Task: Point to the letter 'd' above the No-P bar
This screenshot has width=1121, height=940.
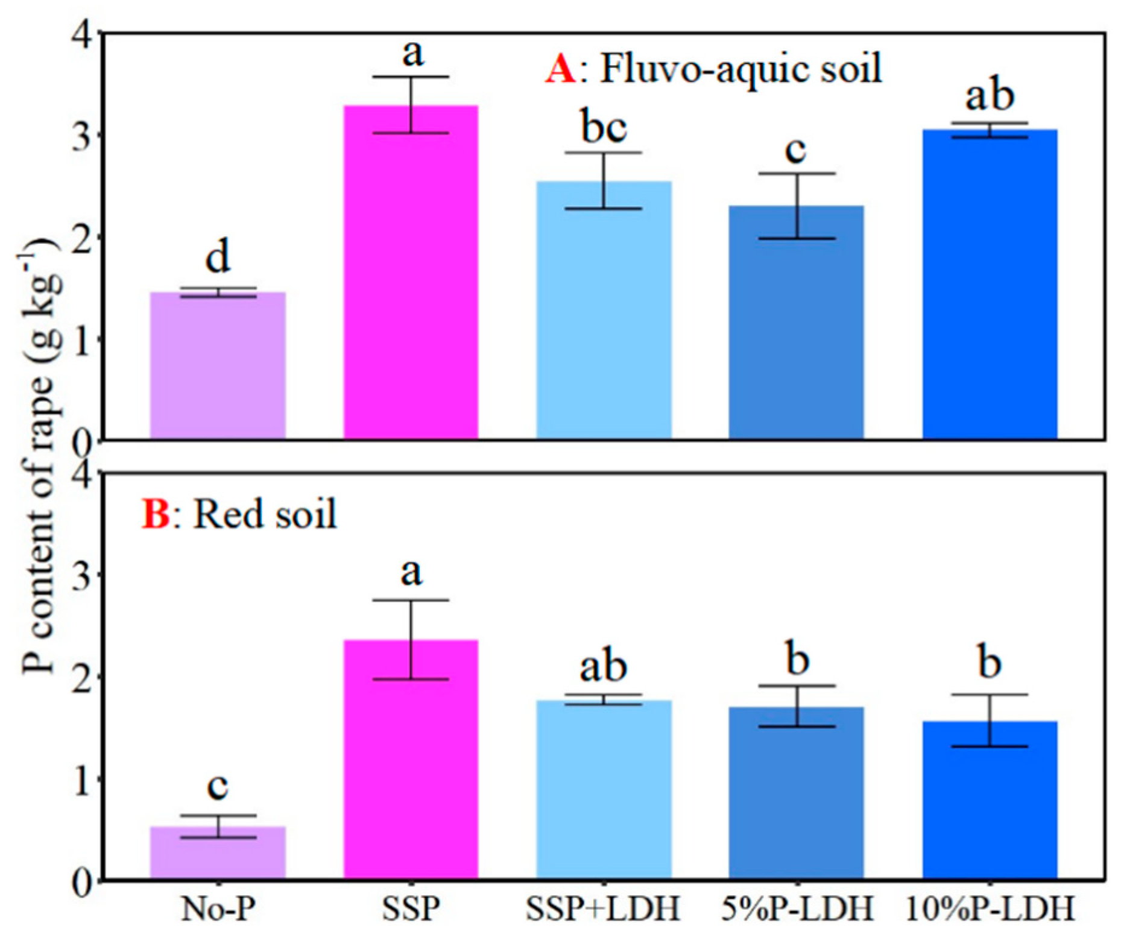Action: click(x=218, y=257)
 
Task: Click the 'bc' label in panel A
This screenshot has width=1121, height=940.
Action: click(x=604, y=127)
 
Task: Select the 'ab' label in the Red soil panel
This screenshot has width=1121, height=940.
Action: click(x=603, y=666)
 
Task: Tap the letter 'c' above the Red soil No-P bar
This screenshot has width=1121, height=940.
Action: click(x=217, y=786)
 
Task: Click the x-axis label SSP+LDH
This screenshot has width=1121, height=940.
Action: click(x=603, y=908)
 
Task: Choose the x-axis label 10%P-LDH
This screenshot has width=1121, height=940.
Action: click(x=990, y=908)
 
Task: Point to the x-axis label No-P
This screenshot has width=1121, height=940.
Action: click(x=218, y=908)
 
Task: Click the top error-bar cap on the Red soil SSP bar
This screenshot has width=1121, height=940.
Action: click(x=411, y=600)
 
